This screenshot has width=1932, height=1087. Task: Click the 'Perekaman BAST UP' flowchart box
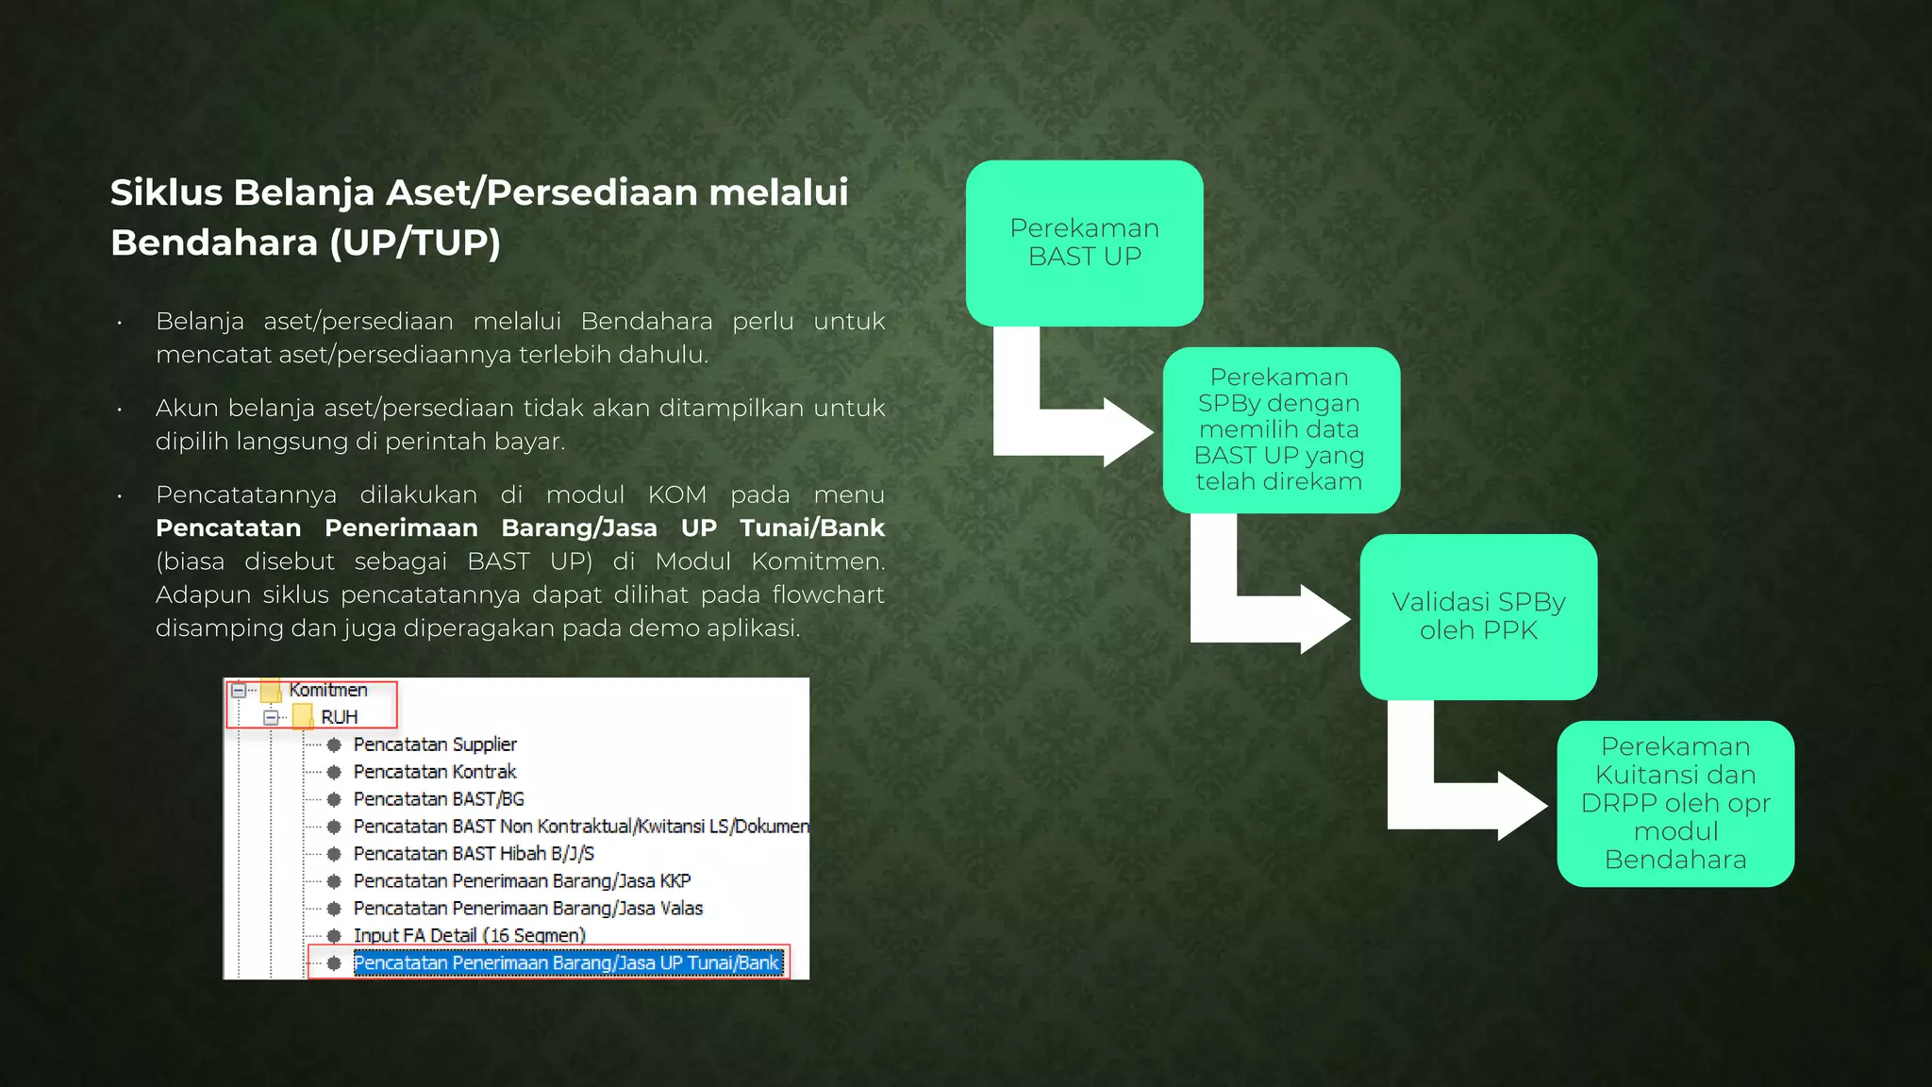[x=1084, y=242]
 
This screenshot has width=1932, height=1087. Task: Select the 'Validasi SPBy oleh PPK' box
[x=1478, y=616]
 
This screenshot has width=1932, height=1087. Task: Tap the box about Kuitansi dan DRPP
[x=1675, y=803]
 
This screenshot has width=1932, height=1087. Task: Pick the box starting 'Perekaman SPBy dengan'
[x=1280, y=429]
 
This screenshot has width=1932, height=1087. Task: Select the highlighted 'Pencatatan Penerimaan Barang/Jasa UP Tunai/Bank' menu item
[x=566, y=962]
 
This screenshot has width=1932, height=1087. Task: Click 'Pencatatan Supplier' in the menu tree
[x=435, y=744]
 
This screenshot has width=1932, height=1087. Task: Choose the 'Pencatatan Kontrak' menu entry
[x=435, y=772]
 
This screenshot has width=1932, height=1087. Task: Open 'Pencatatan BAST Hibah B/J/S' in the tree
[x=474, y=854]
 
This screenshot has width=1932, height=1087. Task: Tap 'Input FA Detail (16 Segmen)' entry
[x=469, y=935]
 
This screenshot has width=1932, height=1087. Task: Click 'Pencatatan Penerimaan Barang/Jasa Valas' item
[x=528, y=909]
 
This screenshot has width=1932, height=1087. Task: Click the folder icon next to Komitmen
[x=271, y=691]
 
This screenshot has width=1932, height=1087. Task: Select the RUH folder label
[x=340, y=717]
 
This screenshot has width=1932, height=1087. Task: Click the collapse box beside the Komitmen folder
[x=239, y=691]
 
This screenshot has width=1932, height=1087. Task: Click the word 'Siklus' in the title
[x=166, y=192]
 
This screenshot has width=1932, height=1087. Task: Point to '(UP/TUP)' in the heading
[x=415, y=242]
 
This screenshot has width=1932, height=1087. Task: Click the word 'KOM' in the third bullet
[x=676, y=494]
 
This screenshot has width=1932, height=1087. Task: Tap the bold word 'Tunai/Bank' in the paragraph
[x=811, y=527]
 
